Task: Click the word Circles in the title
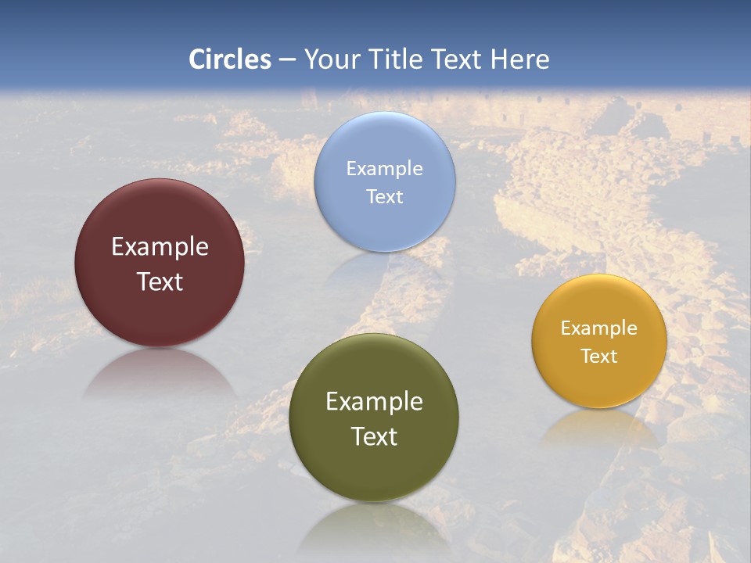(230, 59)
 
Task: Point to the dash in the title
(287, 60)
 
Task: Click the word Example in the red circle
(160, 247)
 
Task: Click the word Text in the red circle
(160, 281)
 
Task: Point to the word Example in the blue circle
(385, 169)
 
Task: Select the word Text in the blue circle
(385, 197)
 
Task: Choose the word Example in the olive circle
(374, 402)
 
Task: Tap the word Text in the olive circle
(374, 436)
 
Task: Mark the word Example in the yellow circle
(599, 328)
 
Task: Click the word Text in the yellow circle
(599, 357)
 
